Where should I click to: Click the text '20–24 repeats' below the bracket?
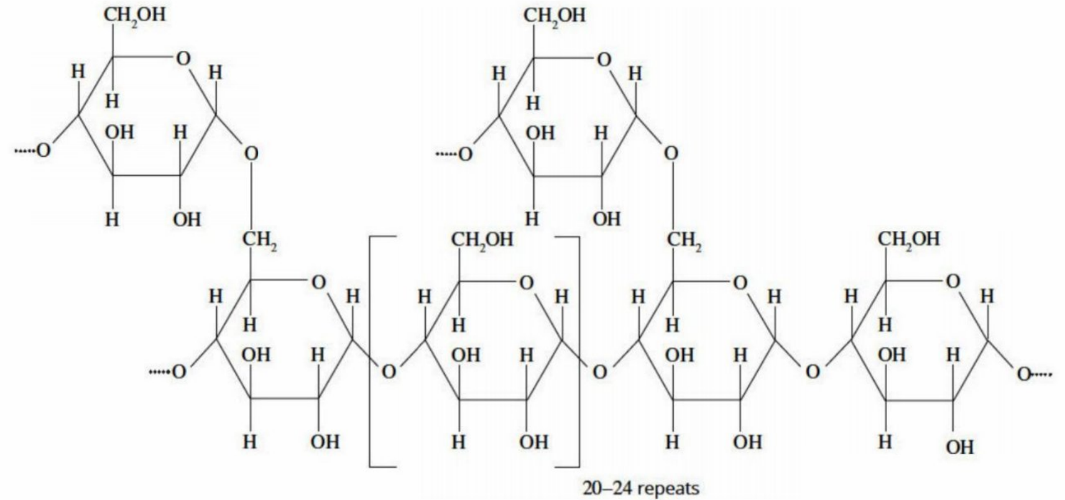click(x=641, y=488)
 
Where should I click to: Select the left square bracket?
click(x=370, y=351)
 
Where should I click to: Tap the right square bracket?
click(x=579, y=351)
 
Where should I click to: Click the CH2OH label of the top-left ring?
click(x=135, y=16)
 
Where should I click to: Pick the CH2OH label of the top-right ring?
click(x=555, y=17)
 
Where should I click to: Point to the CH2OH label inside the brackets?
click(x=482, y=240)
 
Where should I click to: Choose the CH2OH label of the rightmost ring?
click(x=908, y=239)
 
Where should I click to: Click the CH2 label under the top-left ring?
click(x=260, y=240)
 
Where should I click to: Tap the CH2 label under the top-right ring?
click(x=684, y=240)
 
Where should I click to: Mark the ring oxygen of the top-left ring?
click(x=183, y=59)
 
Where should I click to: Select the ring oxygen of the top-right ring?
click(x=603, y=60)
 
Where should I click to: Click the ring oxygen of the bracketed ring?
click(x=527, y=283)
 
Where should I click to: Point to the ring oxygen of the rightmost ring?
click(x=953, y=282)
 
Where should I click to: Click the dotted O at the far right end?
click(x=1034, y=374)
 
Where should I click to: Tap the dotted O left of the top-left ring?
click(x=34, y=151)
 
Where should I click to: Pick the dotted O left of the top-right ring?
click(x=454, y=154)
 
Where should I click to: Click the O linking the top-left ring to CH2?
click(x=252, y=154)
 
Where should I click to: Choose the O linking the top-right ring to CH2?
click(x=671, y=154)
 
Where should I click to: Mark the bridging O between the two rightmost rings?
click(x=813, y=372)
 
